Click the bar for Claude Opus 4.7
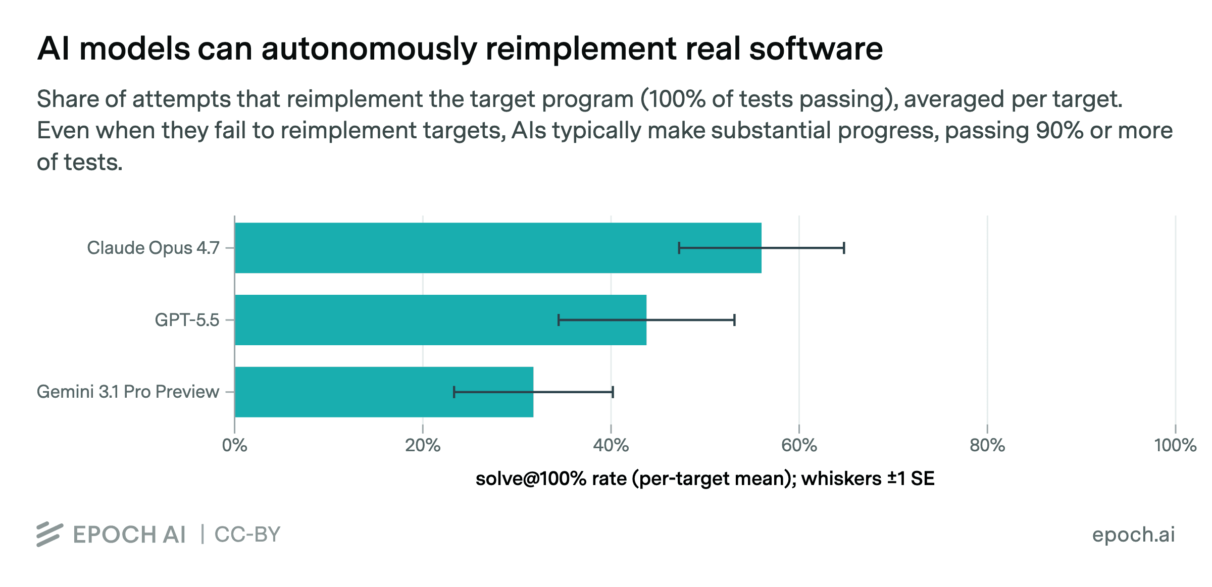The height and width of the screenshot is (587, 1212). point(498,248)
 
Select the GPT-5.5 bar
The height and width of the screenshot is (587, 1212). point(440,320)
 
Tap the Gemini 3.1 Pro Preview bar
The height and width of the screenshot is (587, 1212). point(384,392)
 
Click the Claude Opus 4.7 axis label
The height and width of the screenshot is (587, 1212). point(153,248)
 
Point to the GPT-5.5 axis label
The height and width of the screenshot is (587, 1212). point(187,320)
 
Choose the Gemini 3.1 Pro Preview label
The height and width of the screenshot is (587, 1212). point(128,392)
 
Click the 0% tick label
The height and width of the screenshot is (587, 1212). point(235,445)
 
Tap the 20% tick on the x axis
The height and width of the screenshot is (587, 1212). point(423,445)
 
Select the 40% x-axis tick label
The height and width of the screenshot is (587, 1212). point(611,445)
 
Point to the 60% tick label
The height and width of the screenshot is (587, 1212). point(799,445)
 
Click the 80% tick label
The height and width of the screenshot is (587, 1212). point(987,445)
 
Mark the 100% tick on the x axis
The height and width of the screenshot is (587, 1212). point(1176,445)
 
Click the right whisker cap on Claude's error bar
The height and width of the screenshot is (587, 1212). point(844,248)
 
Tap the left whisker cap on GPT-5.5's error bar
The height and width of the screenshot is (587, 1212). point(559,320)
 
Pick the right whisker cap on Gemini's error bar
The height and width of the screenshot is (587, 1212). point(613,392)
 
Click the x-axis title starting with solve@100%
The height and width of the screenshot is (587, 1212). point(705,478)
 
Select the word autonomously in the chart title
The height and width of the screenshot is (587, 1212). point(369,49)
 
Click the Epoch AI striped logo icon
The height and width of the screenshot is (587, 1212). point(49,535)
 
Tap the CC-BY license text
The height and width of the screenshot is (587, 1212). point(247,535)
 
